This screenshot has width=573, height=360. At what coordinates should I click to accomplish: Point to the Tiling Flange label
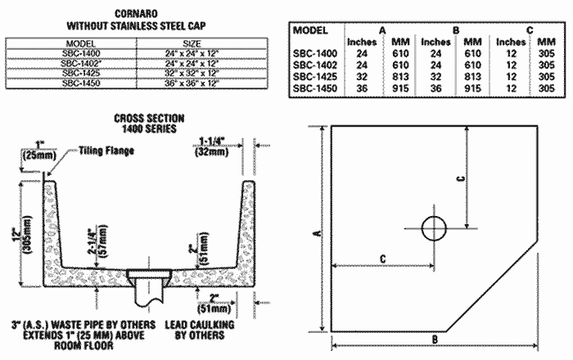pos(106,151)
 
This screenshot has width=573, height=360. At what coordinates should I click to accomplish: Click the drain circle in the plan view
pos(435,228)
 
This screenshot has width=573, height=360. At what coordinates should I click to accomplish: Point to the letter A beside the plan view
pos(315,233)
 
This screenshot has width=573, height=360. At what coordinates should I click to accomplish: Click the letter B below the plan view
pos(435,338)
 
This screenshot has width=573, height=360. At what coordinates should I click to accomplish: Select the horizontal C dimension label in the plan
pos(382,259)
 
